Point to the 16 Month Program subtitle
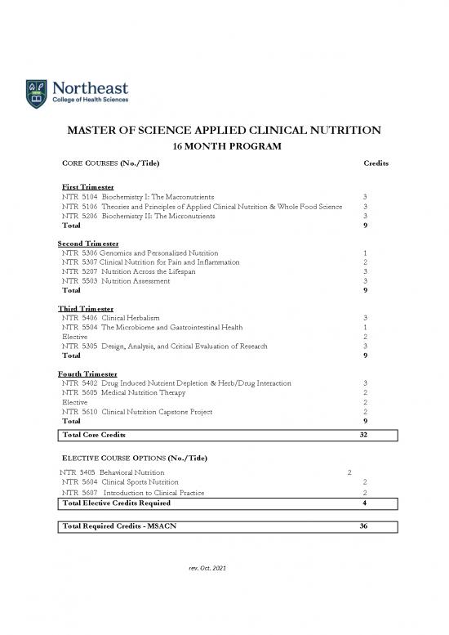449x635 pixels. pos(224,146)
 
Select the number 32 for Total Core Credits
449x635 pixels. pos(365,435)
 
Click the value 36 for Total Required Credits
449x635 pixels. pos(365,525)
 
